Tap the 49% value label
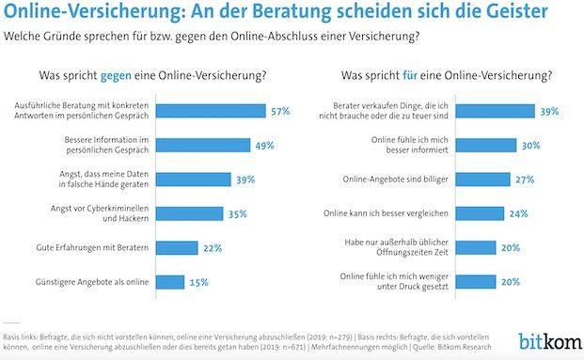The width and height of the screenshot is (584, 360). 264,145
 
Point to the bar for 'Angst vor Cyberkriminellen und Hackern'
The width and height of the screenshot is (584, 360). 190,213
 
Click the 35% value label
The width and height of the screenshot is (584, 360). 238,213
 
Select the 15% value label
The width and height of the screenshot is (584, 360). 198,281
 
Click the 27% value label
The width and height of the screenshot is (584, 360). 525,179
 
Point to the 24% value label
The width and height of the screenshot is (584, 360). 519,213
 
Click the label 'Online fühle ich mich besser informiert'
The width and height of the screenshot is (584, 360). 406,145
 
